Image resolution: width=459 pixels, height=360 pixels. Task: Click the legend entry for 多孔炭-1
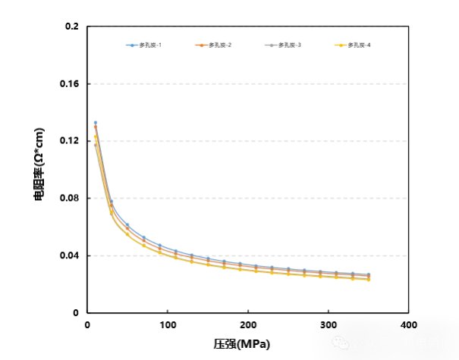tap(144, 45)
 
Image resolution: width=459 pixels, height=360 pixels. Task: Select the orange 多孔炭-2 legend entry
tap(214, 45)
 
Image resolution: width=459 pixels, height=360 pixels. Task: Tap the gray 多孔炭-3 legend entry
tap(284, 45)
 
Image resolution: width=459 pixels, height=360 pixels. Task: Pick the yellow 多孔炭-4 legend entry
tap(354, 45)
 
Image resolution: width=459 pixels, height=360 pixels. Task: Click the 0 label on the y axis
tap(76, 312)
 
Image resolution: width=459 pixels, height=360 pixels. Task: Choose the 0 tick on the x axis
tap(87, 325)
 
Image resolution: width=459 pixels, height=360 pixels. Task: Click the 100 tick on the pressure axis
tap(168, 325)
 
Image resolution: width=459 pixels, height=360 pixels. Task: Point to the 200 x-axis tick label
tap(248, 325)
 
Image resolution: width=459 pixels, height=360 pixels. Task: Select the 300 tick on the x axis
tap(329, 325)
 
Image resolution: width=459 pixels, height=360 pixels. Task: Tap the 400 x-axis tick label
tap(409, 325)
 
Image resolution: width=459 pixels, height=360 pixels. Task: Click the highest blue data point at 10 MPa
tap(96, 123)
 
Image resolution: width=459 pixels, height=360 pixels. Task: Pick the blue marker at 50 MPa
tap(127, 224)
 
